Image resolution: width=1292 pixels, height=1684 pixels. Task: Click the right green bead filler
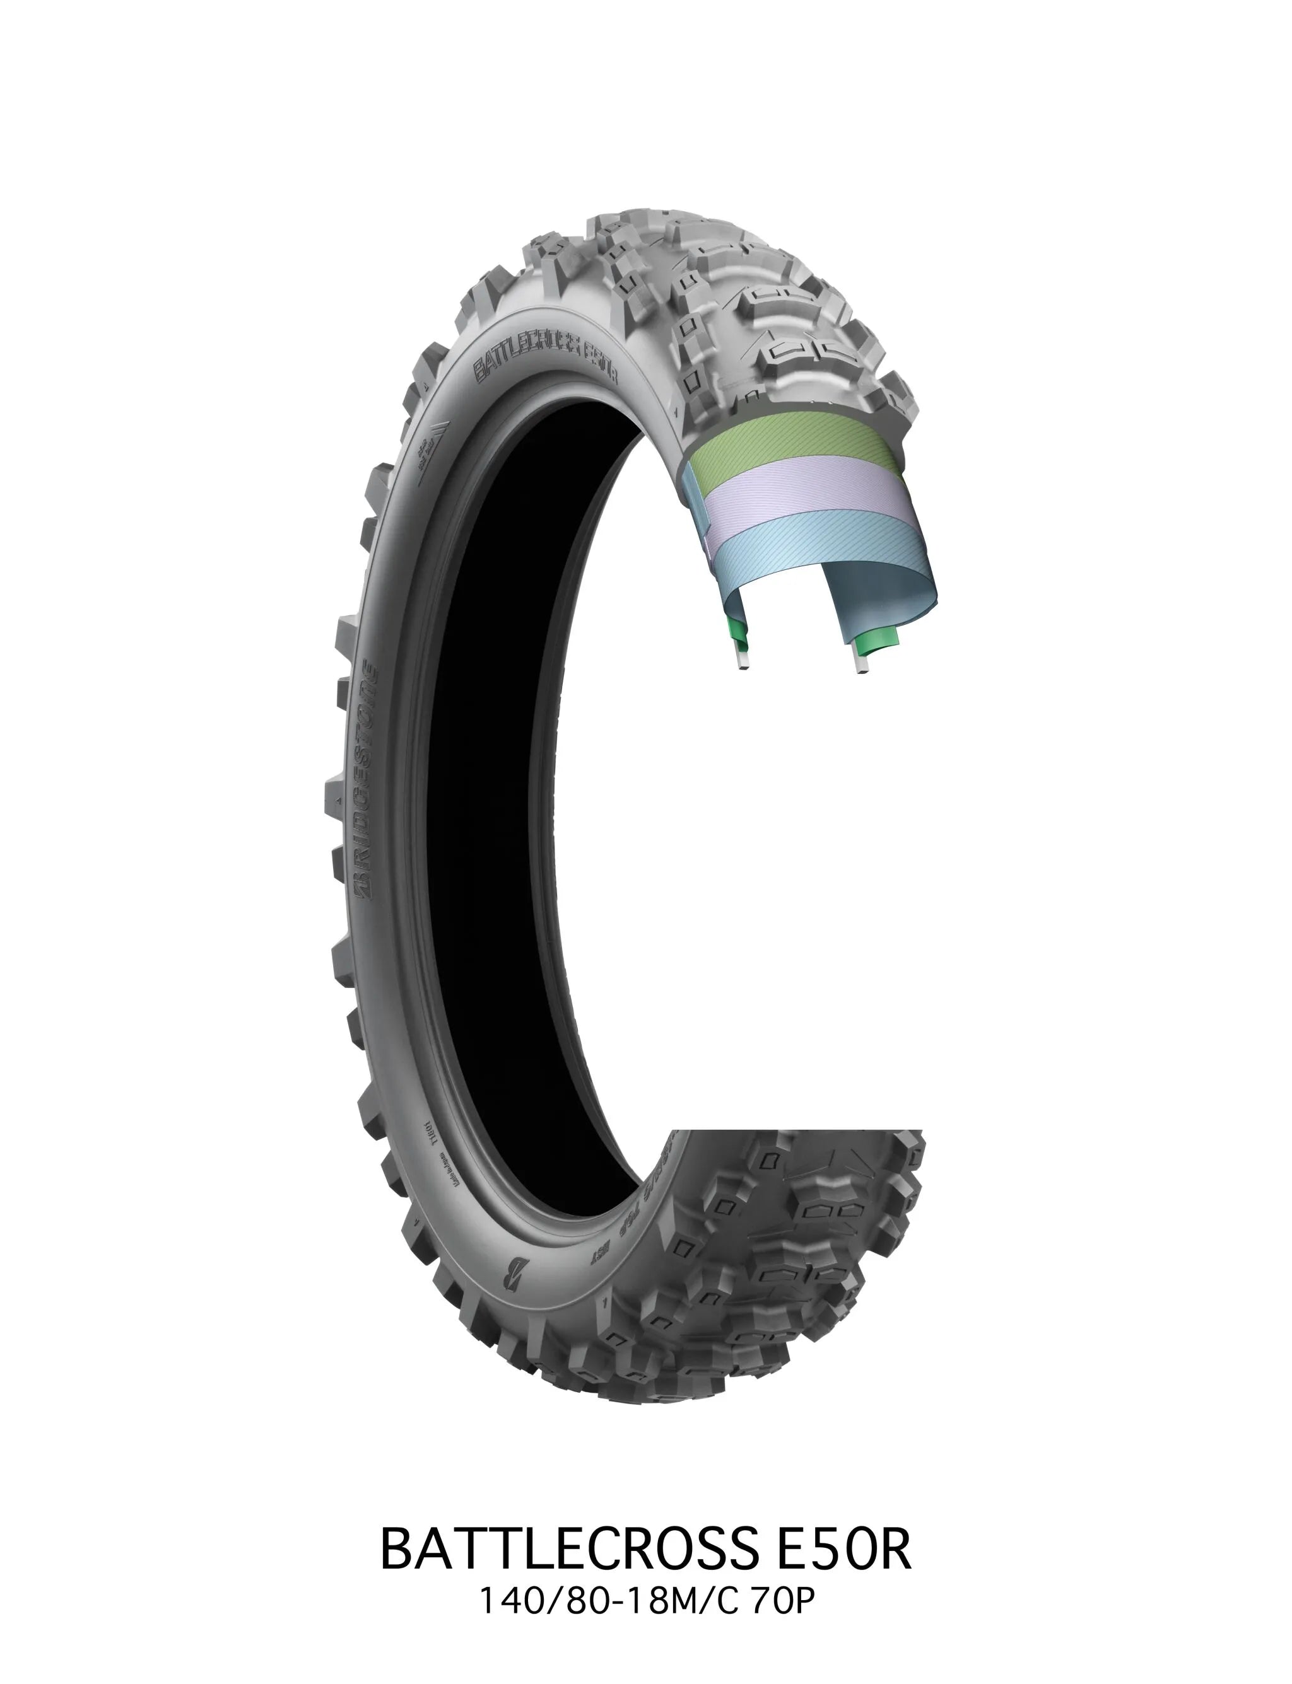[x=875, y=637]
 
